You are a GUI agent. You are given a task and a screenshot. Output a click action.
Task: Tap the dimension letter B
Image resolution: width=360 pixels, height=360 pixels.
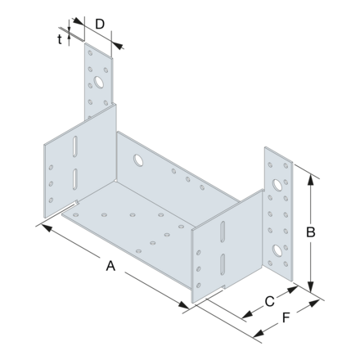pos(312,232)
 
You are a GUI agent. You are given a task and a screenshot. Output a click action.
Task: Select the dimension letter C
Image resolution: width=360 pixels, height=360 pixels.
pos(269,302)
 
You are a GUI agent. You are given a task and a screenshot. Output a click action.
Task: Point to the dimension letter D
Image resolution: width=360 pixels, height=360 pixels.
pos(99,24)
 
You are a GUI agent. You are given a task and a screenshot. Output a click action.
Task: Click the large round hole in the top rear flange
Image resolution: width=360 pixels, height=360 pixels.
pos(98,83)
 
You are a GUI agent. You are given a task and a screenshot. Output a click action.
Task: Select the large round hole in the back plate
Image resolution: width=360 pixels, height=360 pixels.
pos(137,157)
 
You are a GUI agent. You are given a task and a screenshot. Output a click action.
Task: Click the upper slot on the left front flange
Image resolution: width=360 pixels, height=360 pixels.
pos(73,150)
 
